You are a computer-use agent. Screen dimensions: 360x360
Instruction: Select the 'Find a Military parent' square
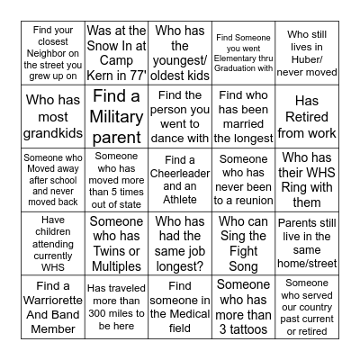click(x=116, y=117)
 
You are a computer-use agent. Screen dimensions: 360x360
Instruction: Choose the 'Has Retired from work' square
click(x=308, y=117)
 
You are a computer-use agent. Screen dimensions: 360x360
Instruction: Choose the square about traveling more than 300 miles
click(x=116, y=306)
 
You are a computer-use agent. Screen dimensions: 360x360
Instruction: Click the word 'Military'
click(x=116, y=117)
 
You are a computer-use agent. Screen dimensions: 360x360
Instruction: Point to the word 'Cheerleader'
click(x=181, y=174)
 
